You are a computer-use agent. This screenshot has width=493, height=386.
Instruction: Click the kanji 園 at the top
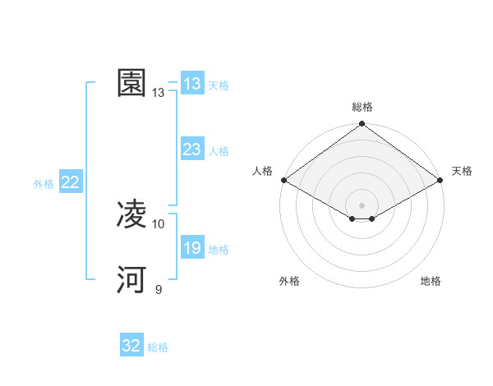point(131,83)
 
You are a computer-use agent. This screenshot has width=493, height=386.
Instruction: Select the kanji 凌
point(131,215)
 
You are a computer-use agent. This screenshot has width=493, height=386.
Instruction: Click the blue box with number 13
point(192,84)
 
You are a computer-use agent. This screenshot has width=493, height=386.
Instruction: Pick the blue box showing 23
point(192,149)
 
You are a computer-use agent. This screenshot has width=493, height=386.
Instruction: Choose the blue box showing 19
point(192,248)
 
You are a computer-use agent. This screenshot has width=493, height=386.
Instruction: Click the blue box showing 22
point(70,182)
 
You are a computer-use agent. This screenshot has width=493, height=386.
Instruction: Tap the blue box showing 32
point(131,346)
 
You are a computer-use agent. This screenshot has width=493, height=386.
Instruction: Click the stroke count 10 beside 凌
point(159,223)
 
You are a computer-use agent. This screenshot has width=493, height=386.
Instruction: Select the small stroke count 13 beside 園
point(159,93)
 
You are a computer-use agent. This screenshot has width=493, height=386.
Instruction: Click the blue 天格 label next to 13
point(219,85)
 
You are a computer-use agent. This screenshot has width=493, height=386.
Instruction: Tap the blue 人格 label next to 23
point(219,151)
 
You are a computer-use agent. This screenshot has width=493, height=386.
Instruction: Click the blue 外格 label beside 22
point(44,184)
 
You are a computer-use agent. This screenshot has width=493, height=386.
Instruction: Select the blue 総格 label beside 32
point(158,347)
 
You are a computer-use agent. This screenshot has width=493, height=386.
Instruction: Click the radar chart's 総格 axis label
point(362,107)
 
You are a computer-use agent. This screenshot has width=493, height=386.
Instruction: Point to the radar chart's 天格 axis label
point(462,171)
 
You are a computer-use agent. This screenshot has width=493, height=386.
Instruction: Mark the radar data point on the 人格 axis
point(283,180)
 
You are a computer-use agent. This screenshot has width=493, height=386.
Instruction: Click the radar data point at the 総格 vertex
point(362,124)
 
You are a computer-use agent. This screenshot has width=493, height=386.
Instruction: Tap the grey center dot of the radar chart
point(362,204)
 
